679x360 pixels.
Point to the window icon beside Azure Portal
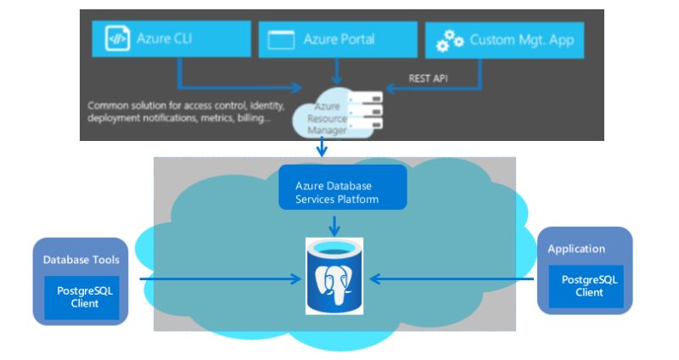click(x=281, y=40)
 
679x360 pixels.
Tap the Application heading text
click(x=576, y=249)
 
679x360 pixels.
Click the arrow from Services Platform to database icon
click(x=336, y=225)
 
